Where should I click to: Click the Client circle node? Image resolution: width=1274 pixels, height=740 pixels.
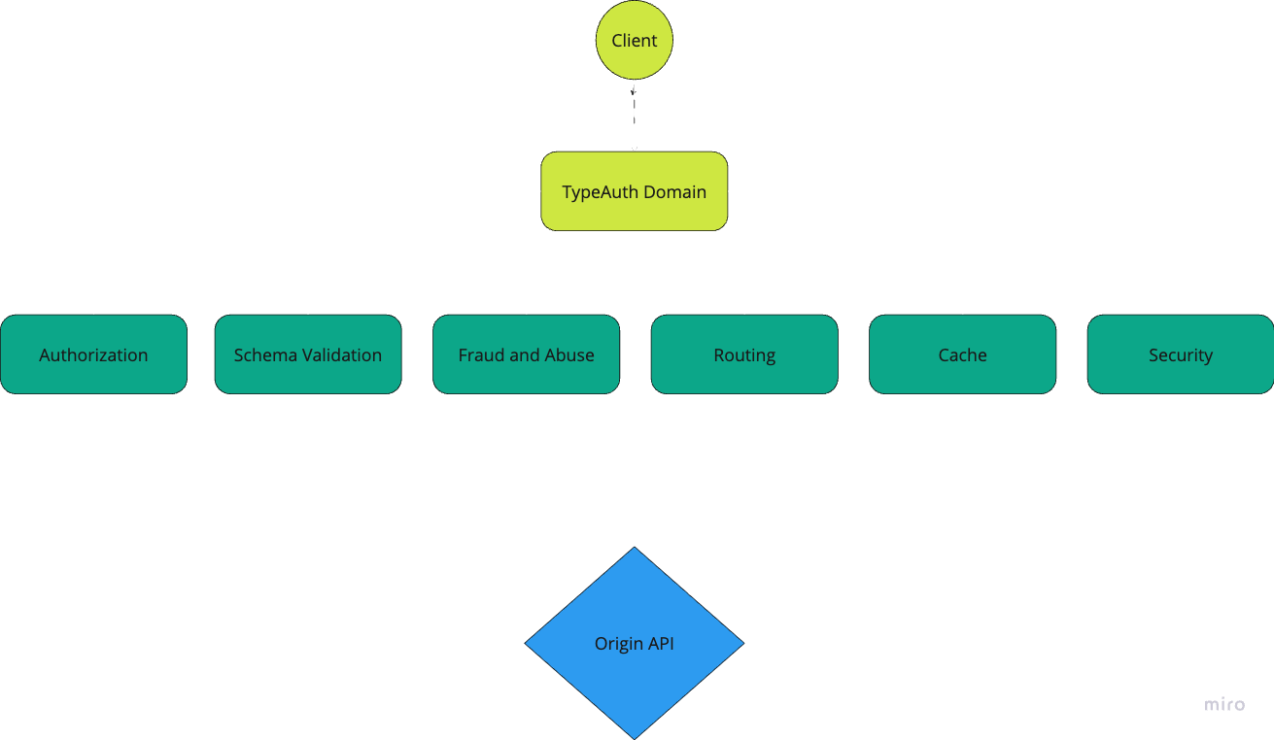[634, 41]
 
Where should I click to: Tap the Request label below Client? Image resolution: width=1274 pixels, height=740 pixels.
[634, 113]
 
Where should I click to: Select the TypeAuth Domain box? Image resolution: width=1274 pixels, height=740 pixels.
[634, 191]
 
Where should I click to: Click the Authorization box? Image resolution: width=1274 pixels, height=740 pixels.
[93, 354]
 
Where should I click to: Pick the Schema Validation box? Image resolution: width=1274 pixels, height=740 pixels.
[307, 354]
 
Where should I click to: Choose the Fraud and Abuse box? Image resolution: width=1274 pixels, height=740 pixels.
[526, 354]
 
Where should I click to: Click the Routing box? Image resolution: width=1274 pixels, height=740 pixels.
[744, 354]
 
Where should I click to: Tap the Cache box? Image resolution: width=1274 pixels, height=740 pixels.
[962, 354]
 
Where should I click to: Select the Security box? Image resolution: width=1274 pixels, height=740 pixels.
[1180, 354]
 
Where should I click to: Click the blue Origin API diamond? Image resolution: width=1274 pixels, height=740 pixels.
[634, 643]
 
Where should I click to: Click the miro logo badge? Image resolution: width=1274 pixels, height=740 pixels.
[1224, 705]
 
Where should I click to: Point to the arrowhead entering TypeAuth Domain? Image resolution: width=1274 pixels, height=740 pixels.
[635, 148]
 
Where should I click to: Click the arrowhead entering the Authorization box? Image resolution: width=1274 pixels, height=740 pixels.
[94, 311]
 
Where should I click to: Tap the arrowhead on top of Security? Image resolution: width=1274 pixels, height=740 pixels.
[1181, 311]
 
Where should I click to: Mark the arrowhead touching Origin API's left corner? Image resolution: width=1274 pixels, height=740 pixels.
[522, 642]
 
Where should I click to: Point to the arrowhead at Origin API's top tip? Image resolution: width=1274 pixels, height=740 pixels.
[635, 543]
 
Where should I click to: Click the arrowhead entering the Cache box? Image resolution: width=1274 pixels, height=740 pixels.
[963, 311]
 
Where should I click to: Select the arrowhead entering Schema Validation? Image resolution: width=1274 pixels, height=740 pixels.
[308, 311]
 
